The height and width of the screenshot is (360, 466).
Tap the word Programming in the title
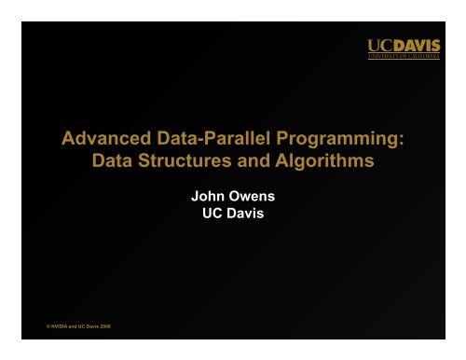339,141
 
